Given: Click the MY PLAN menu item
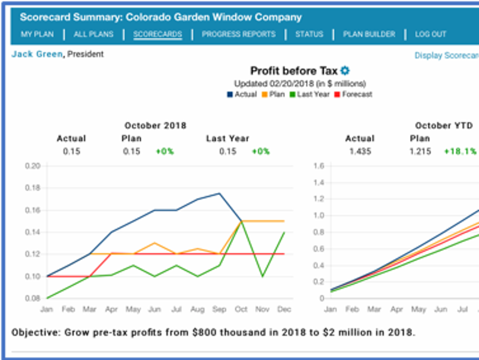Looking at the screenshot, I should (x=37, y=34).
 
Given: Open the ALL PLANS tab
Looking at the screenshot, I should (x=93, y=34).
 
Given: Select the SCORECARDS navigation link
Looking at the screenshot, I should (x=157, y=34).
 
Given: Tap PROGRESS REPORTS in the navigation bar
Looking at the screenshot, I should (x=238, y=34).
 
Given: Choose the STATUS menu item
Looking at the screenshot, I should (x=309, y=34).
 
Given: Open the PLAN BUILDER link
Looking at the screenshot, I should (x=369, y=34).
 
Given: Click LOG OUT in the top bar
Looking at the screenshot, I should (x=431, y=34).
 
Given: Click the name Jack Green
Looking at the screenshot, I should (x=37, y=55).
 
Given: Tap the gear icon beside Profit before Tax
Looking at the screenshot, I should (x=345, y=71).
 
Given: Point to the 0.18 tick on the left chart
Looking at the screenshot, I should (x=32, y=188).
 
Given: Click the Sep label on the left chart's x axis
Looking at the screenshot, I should (x=219, y=310).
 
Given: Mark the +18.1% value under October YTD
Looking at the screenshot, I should (x=460, y=152).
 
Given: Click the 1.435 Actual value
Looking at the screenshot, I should (x=360, y=152).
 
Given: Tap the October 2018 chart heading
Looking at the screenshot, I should (x=155, y=126).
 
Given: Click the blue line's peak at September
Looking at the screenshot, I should (x=219, y=193).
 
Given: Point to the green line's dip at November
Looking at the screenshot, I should (x=262, y=276).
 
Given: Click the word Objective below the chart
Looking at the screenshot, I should (x=34, y=331).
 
